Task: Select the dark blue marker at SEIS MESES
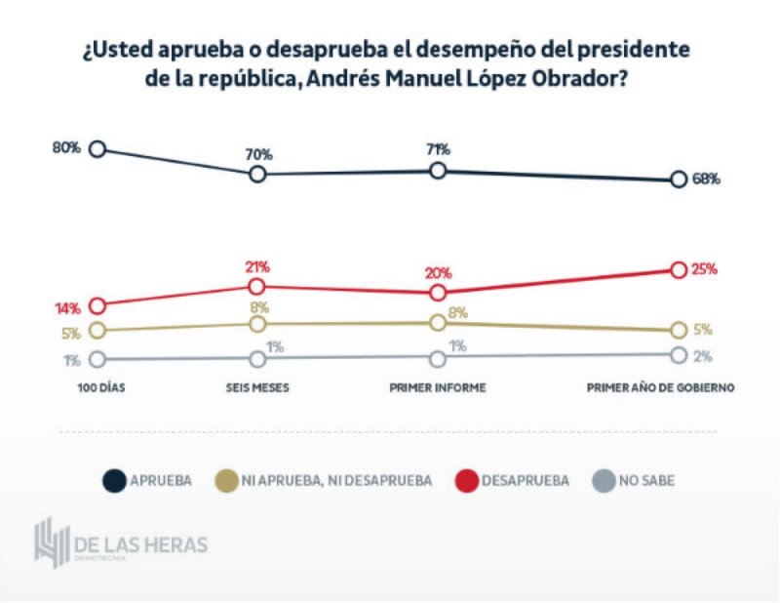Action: point(257,174)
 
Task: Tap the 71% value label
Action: point(438,149)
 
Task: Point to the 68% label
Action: point(706,180)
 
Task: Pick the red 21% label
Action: point(257,266)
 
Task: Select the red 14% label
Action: point(67,308)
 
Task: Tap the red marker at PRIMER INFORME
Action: point(438,292)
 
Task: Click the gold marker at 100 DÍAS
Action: point(97,330)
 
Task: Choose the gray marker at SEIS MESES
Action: point(257,359)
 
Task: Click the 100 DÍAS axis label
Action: point(101,387)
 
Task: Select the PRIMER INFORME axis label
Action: point(437,387)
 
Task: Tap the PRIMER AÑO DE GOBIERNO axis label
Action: point(659,387)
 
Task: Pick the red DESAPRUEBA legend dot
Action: point(468,480)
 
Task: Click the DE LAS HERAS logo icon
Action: point(49,544)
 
